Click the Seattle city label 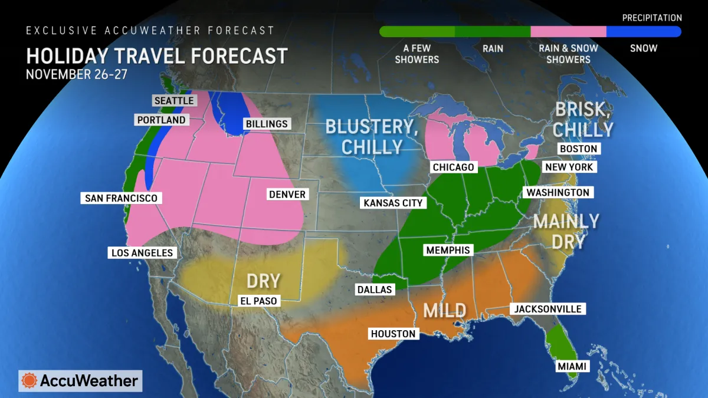174,101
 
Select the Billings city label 265,124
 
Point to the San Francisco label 121,198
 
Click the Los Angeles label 142,253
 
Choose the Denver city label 287,195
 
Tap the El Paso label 258,301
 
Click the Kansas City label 393,203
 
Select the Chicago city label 453,167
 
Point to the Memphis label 448,251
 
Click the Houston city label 393,334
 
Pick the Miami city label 572,367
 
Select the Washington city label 558,192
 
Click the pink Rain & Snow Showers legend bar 568,32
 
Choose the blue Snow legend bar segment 644,32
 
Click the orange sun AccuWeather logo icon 29,381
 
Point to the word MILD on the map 444,310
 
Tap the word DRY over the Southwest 263,281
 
